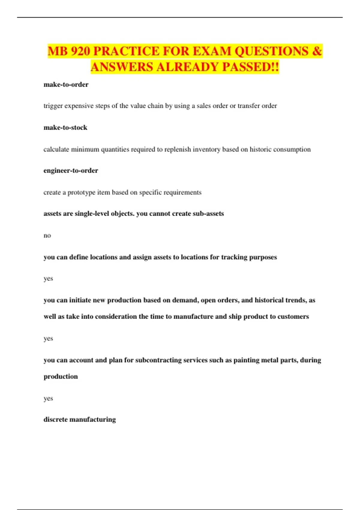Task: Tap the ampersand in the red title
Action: (x=317, y=51)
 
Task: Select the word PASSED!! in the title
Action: (x=250, y=67)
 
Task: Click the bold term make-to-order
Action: (x=66, y=85)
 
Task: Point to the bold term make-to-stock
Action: (x=65, y=127)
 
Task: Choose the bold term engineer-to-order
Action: (x=71, y=170)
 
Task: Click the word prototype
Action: (x=81, y=192)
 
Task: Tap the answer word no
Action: (x=47, y=235)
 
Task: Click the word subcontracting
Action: (x=158, y=360)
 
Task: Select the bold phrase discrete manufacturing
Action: (x=79, y=419)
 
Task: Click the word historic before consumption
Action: (x=262, y=149)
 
